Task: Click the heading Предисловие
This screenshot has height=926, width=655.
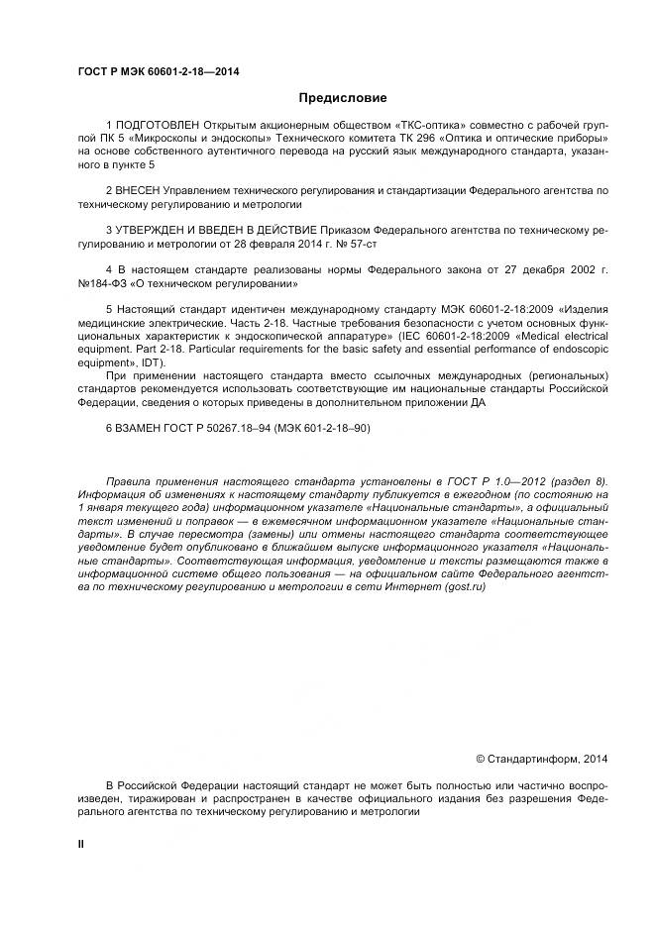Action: pyautogui.click(x=343, y=98)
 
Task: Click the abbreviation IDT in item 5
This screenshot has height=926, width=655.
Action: pyautogui.click(x=150, y=361)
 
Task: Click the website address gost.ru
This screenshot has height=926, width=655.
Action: pyautogui.click(x=466, y=587)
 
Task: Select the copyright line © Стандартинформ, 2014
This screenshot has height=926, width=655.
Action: pyautogui.click(x=542, y=759)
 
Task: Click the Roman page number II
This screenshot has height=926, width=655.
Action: pyautogui.click(x=81, y=843)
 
